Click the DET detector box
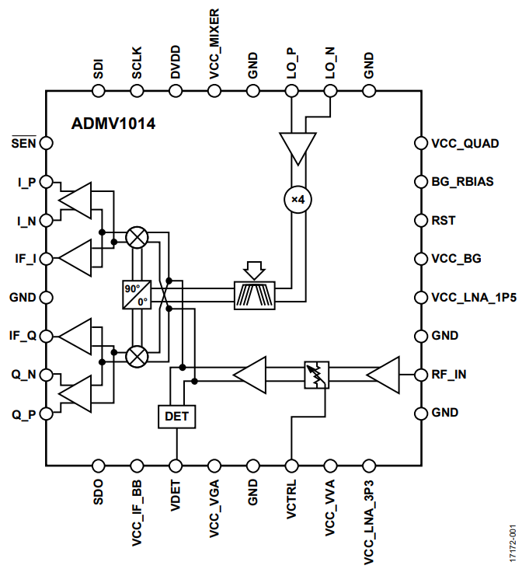pyautogui.click(x=177, y=417)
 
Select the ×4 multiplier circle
pyautogui.click(x=296, y=199)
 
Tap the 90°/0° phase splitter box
pyautogui.click(x=136, y=295)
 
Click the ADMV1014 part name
pyautogui.click(x=113, y=123)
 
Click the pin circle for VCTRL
pyautogui.click(x=291, y=466)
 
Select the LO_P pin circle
pyautogui.click(x=291, y=91)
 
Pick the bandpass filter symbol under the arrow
pyautogui.click(x=253, y=295)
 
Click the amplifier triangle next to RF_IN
pyautogui.click(x=384, y=375)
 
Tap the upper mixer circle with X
pyautogui.click(x=137, y=237)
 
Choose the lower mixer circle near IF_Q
pyautogui.click(x=137, y=356)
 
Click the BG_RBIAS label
pyautogui.click(x=463, y=182)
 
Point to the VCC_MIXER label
pyautogui.click(x=214, y=43)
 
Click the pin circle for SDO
pyautogui.click(x=99, y=466)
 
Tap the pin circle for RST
pyautogui.click(x=422, y=221)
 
